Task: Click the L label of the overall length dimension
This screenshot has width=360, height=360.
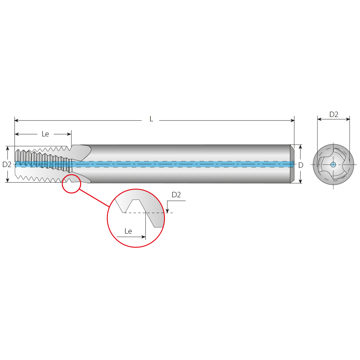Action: (151, 119)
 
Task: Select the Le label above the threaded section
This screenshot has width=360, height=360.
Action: (45, 134)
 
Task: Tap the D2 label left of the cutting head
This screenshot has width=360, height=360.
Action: (7, 165)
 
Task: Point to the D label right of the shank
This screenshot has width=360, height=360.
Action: (301, 165)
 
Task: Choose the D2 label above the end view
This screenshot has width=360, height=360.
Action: (334, 114)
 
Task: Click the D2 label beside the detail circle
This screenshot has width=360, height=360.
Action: (176, 195)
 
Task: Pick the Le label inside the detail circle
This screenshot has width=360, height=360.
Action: (128, 231)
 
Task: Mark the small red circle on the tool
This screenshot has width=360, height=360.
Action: (71, 184)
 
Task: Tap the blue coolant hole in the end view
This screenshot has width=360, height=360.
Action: (333, 165)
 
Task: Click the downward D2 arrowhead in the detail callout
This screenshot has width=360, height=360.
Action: (167, 211)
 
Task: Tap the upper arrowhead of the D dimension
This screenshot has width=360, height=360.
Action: (300, 147)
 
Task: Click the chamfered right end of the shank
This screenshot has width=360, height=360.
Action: (292, 164)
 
